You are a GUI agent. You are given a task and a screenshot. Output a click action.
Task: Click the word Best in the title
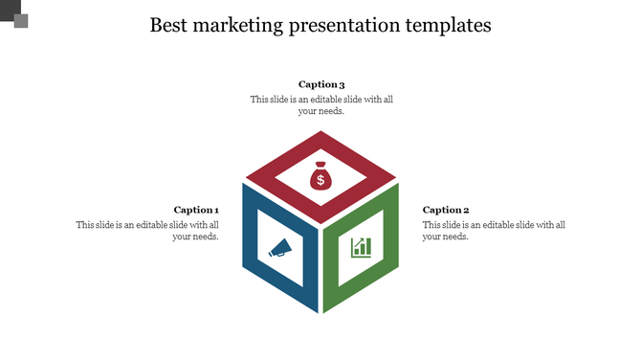pyautogui.click(x=169, y=26)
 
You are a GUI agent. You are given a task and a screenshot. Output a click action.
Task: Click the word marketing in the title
pyautogui.click(x=235, y=26)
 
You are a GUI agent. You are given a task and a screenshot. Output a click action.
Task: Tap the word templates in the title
pyautogui.click(x=448, y=26)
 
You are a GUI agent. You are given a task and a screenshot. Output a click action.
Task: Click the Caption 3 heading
pyautogui.click(x=321, y=84)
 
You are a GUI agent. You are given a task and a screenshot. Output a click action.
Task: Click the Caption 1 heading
pyautogui.click(x=196, y=210)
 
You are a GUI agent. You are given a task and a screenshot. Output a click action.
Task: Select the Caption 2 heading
pyautogui.click(x=446, y=210)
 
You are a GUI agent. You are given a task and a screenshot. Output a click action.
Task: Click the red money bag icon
pyautogui.click(x=320, y=178)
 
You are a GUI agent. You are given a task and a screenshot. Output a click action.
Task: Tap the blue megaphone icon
pyautogui.click(x=279, y=248)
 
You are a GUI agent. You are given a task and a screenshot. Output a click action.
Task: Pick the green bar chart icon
pyautogui.click(x=361, y=247)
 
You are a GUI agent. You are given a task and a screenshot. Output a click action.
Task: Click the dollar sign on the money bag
pyautogui.click(x=320, y=181)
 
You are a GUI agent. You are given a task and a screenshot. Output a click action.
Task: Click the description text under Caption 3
pyautogui.click(x=321, y=104)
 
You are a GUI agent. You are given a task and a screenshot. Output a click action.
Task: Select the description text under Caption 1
pyautogui.click(x=148, y=231)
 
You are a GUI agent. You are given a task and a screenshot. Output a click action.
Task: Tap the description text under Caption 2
pyautogui.click(x=494, y=231)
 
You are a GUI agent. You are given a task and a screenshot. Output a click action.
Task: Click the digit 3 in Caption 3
pyautogui.click(x=342, y=84)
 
